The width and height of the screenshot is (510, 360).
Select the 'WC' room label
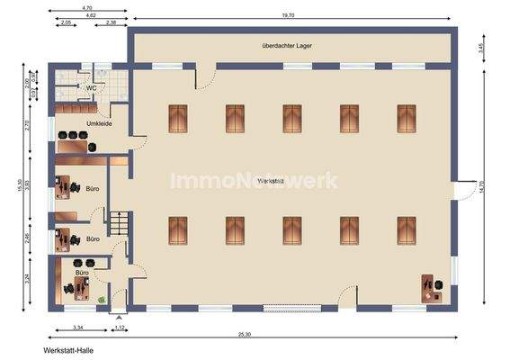[92, 87]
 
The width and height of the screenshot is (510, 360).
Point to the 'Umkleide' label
[99, 122]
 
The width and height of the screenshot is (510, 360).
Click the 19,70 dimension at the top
[288, 16]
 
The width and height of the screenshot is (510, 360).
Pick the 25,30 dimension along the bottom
[245, 334]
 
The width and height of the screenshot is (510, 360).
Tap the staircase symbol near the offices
[120, 220]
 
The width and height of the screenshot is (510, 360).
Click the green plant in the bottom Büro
[103, 299]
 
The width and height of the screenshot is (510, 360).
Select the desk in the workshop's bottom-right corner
[428, 288]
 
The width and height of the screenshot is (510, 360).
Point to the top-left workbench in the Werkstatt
[178, 117]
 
